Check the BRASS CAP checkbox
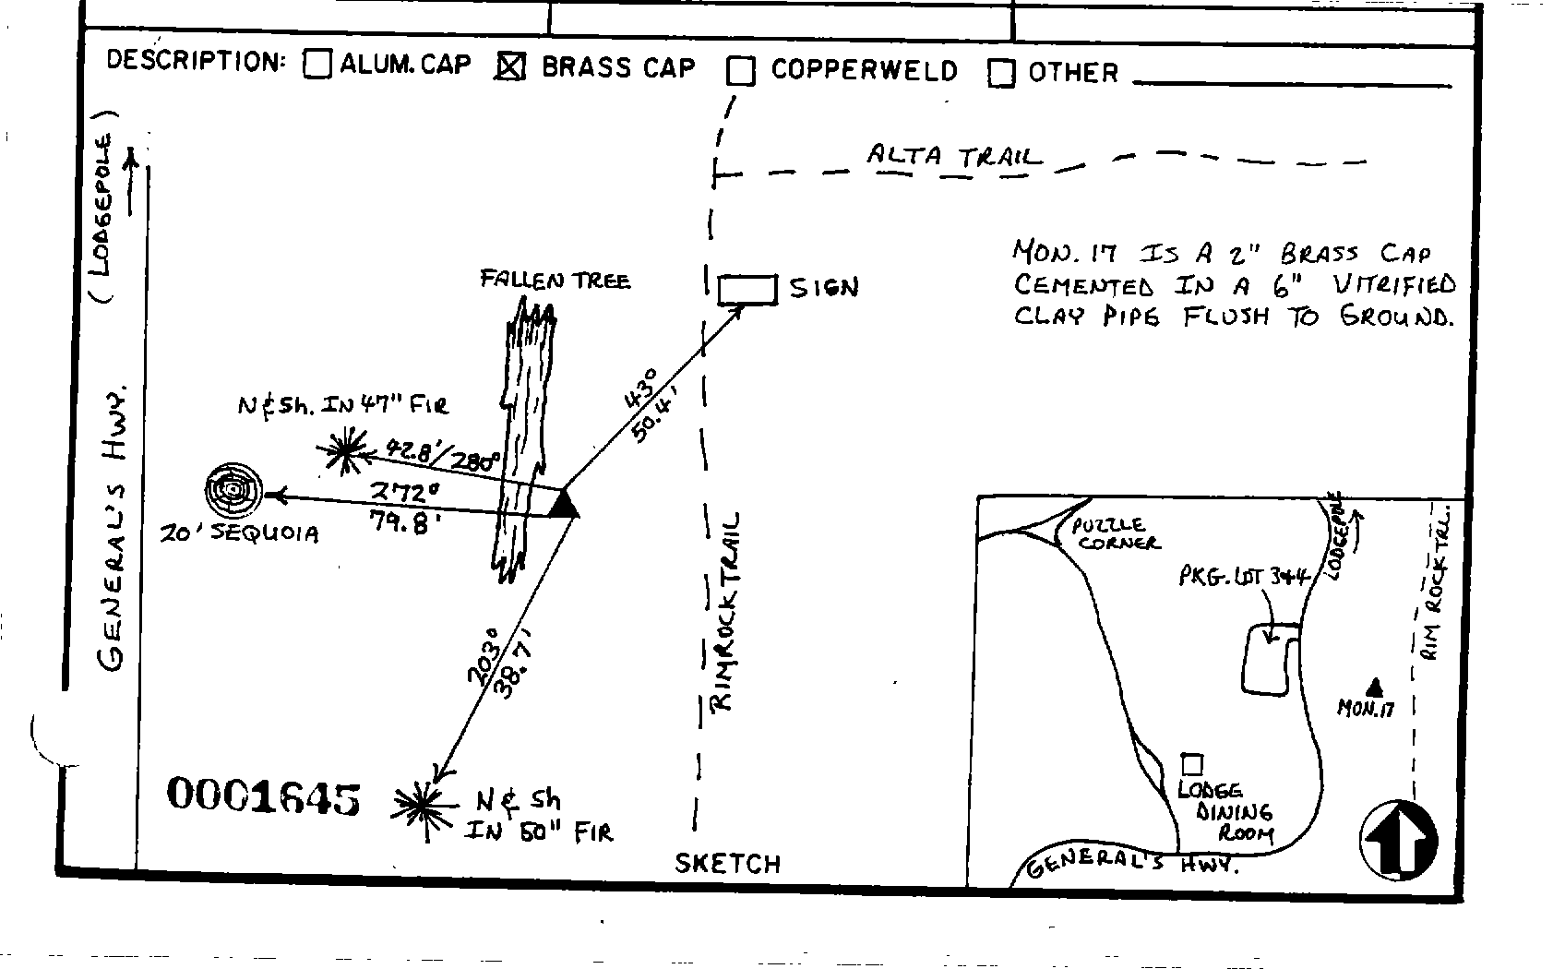510,66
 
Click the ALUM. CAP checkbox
317,64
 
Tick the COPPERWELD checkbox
740,71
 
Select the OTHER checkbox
1001,73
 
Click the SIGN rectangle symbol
747,289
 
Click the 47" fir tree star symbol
343,450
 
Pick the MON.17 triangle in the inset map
1374,687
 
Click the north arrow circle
1399,840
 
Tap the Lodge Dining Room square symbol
1192,764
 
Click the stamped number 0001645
263,796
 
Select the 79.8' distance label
399,524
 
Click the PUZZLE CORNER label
1115,533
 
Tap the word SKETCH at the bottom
727,864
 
